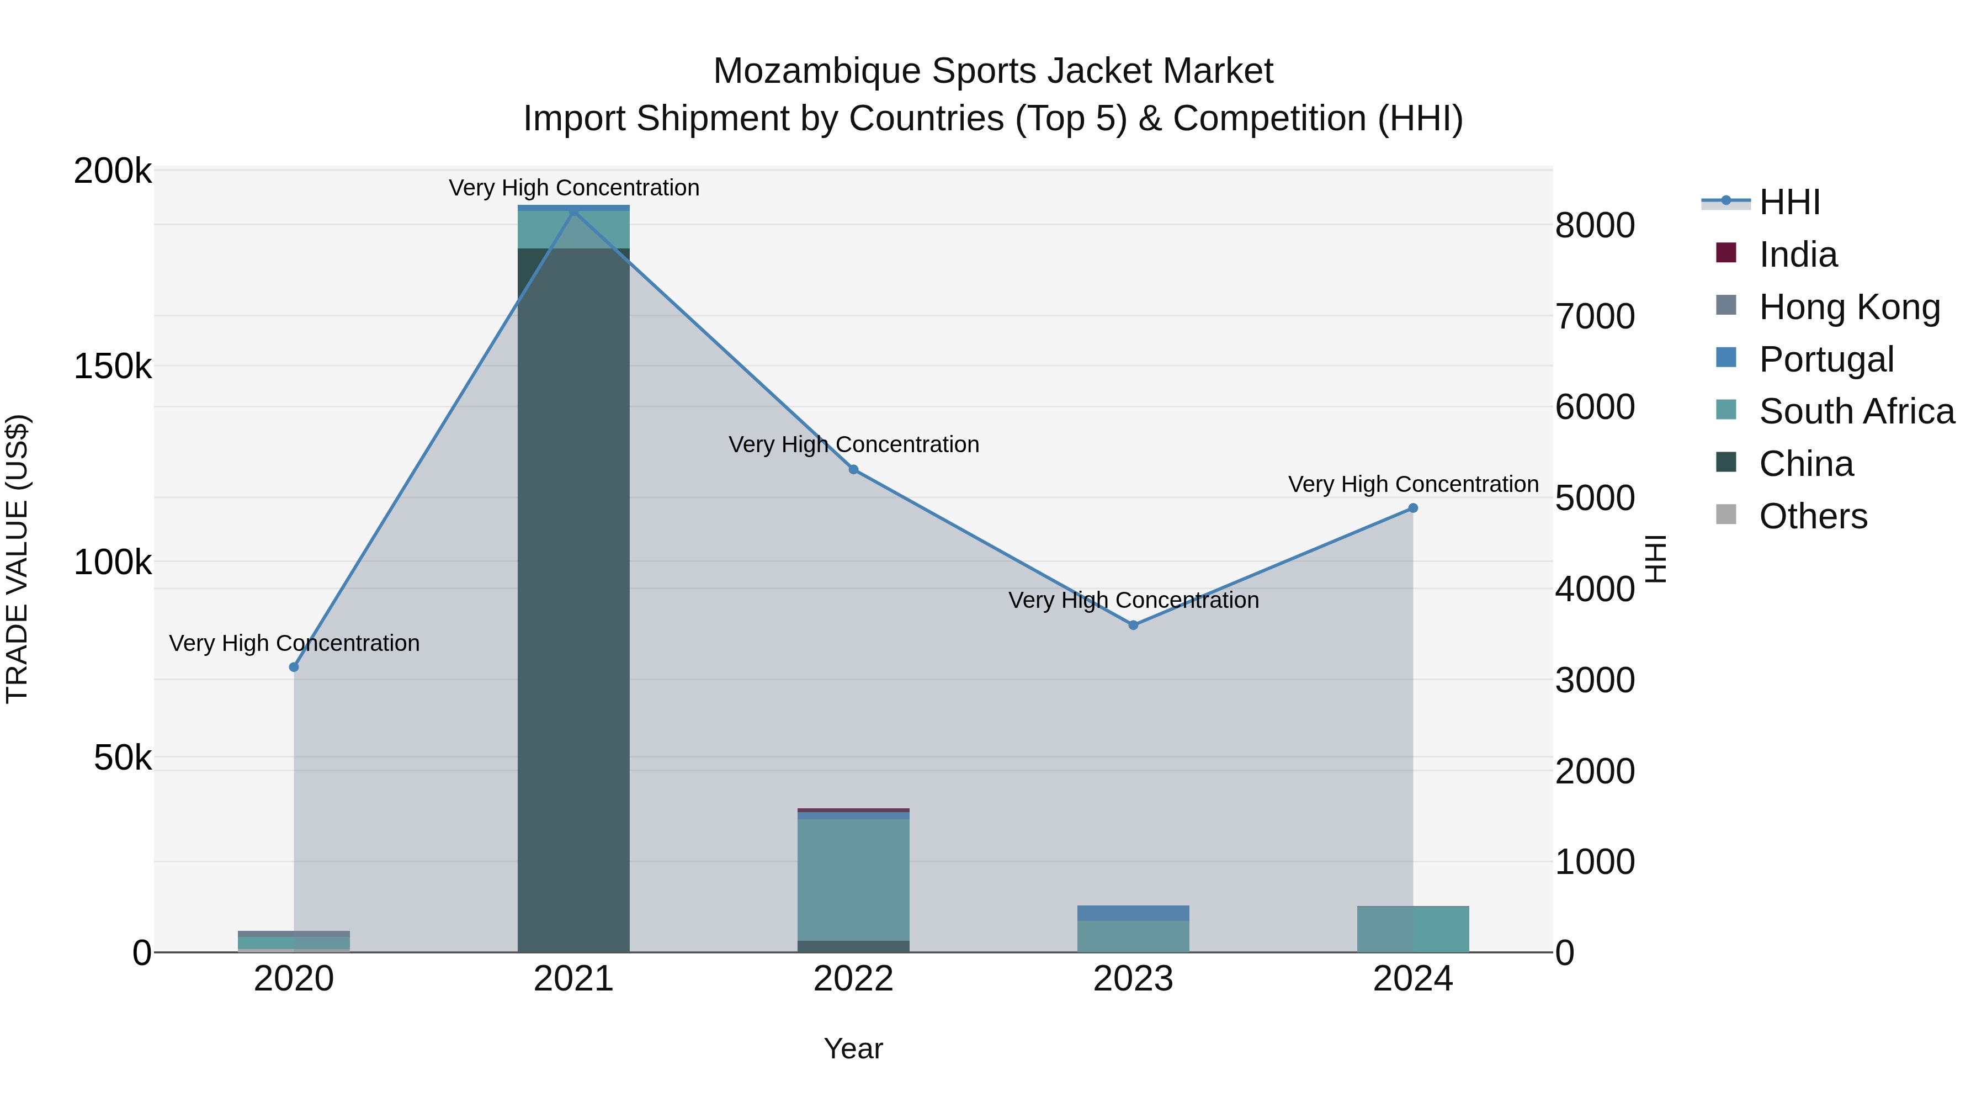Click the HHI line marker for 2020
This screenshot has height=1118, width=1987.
pos(294,666)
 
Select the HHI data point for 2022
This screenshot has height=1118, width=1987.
pos(853,470)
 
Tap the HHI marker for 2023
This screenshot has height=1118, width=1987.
pos(1133,625)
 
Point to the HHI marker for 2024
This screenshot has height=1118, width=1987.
pos(1413,508)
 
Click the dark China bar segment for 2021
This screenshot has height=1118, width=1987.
pos(573,602)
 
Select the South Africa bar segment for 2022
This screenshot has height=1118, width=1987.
pos(853,879)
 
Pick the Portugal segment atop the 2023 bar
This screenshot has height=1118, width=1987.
pos(1133,913)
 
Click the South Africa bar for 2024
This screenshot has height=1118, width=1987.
pos(1413,929)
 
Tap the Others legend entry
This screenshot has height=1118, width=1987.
pos(1813,516)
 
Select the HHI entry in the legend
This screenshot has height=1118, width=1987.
pos(1789,202)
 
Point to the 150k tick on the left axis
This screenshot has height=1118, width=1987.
pos(113,367)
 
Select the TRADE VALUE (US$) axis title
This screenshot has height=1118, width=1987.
pos(17,559)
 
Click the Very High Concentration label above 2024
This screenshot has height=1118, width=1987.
pos(1413,485)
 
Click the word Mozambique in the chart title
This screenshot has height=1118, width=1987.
pos(817,71)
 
